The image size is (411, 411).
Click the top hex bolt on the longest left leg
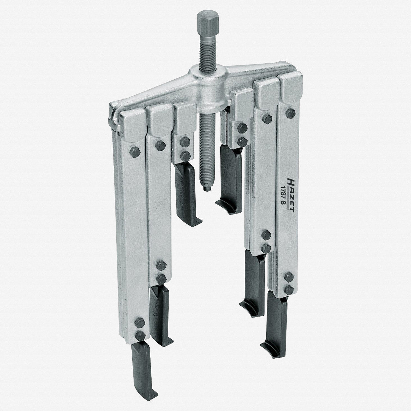136,151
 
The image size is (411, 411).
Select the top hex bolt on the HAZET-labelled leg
290,113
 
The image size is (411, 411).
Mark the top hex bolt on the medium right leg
267,119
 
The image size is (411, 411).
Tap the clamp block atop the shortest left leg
185,118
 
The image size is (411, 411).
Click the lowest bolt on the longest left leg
140,336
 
